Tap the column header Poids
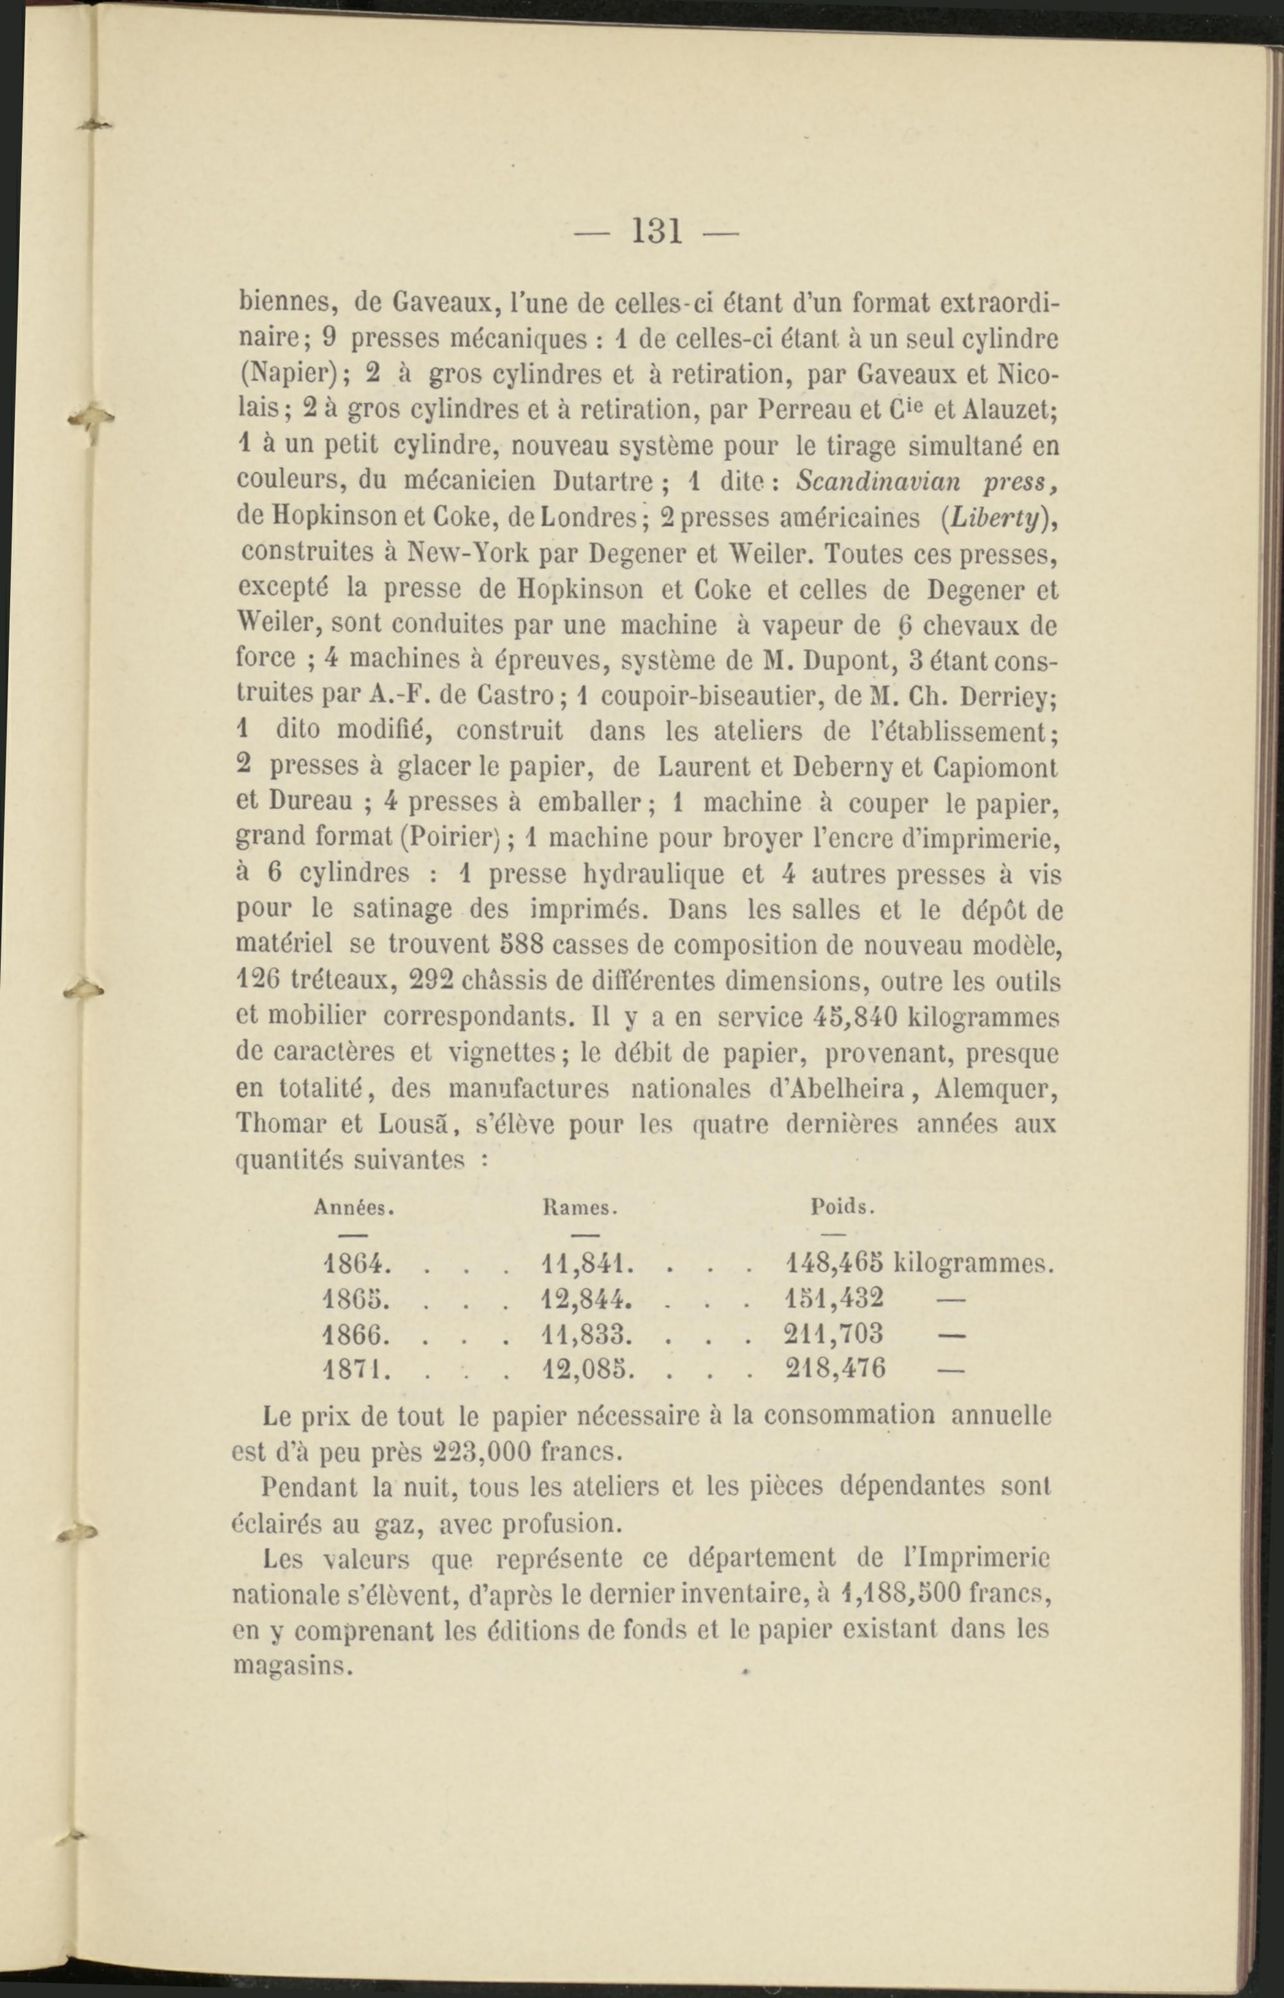(842, 1207)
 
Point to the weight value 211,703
(835, 1333)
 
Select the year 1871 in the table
(354, 1368)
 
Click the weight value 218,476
(835, 1368)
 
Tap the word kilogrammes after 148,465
(974, 1265)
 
